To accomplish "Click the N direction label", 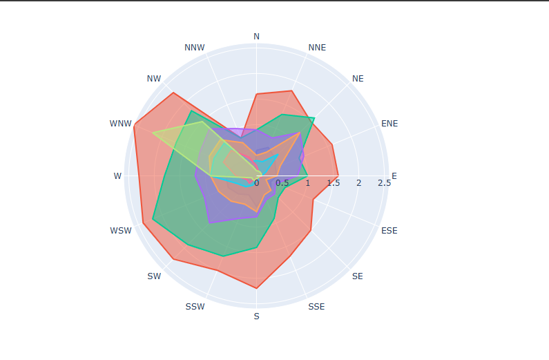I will tap(257, 36).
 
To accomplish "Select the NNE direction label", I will tap(317, 47).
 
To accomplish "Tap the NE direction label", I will tap(358, 79).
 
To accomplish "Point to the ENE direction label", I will tap(389, 124).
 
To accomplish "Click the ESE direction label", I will tap(389, 230).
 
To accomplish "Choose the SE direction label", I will tap(357, 276).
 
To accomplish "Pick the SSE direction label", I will tap(316, 307).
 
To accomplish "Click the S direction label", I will tap(257, 316).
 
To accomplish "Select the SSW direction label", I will tap(195, 307).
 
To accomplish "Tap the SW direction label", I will tap(154, 276).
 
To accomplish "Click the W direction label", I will tap(117, 176).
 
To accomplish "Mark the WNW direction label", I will tap(120, 124).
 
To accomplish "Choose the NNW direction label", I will tap(195, 48).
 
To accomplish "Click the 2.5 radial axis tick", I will tap(385, 183).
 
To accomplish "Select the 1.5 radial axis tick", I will tap(333, 183).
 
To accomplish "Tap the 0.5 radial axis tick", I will tap(282, 183).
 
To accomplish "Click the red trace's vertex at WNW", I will tap(134, 124).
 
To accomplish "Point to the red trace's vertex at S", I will tap(257, 288).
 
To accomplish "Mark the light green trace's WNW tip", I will tap(153, 133).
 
